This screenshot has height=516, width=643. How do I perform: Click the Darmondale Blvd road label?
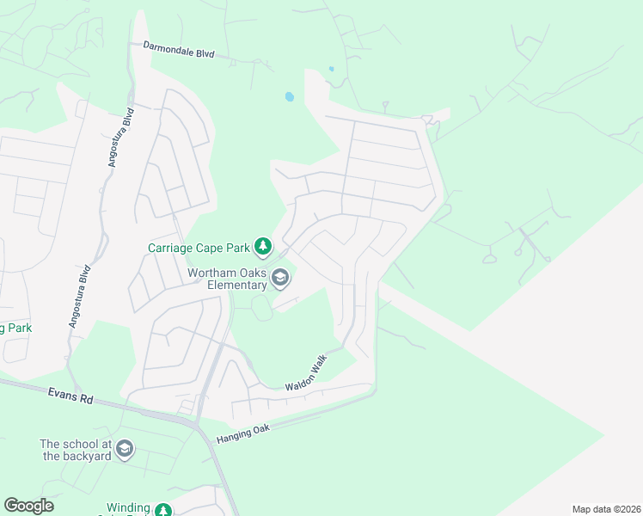tap(178, 49)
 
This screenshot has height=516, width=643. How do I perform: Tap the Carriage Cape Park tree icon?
tap(263, 249)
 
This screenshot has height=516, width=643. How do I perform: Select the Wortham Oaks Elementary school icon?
tap(280, 278)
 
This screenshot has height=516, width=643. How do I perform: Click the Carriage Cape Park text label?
tap(197, 249)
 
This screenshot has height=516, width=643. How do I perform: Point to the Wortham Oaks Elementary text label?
tap(227, 279)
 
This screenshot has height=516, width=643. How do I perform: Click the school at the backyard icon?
tap(126, 449)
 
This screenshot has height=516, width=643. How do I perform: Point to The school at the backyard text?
tap(76, 450)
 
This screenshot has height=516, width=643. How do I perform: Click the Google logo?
tap(28, 506)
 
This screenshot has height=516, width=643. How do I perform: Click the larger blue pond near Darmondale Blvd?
tap(289, 97)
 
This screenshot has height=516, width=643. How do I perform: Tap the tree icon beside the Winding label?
tap(163, 510)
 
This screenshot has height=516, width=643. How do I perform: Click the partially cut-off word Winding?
tap(128, 508)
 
